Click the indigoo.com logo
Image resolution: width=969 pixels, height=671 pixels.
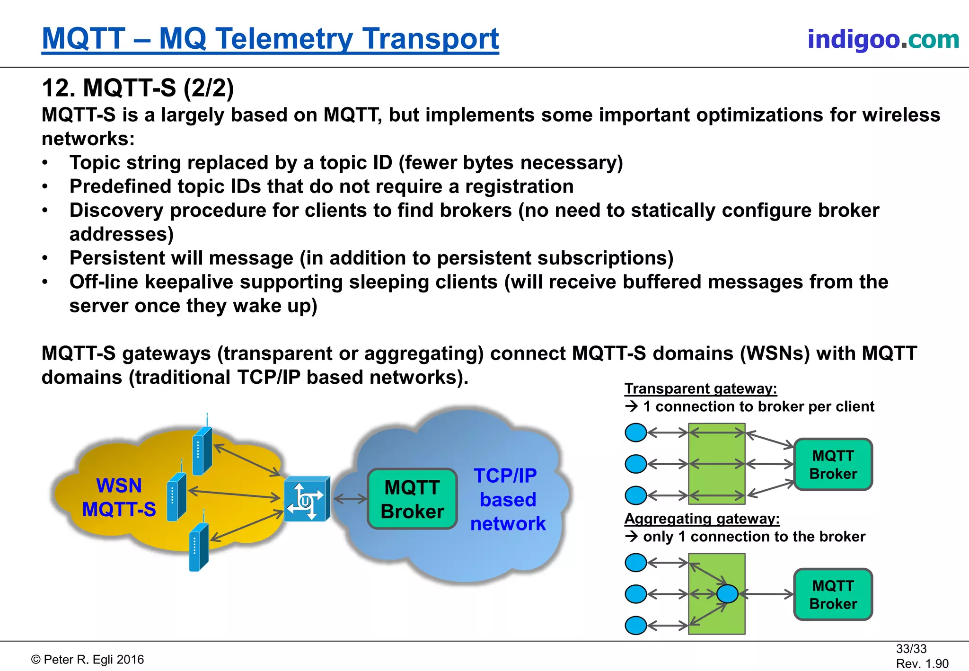883,39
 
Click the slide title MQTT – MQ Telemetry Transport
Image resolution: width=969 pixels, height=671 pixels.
270,39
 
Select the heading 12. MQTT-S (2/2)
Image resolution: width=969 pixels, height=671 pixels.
138,88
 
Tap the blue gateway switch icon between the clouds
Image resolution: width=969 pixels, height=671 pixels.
306,499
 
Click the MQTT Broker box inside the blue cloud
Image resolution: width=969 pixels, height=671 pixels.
412,499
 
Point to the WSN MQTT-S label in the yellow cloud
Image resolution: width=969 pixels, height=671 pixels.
119,498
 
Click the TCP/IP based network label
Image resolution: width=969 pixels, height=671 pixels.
507,500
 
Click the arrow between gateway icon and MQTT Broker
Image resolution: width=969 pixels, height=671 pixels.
350,498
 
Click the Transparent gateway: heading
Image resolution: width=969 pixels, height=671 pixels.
700,388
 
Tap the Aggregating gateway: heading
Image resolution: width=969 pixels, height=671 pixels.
702,519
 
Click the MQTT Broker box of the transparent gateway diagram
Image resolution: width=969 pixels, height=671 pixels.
833,464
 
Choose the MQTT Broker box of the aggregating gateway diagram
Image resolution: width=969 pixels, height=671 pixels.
833,594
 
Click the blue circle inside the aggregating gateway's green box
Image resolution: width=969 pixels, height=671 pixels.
727,593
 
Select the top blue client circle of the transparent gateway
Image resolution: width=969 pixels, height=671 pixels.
635,433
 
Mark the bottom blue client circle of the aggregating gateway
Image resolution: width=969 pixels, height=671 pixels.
635,625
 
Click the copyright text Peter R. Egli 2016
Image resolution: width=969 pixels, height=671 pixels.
88,660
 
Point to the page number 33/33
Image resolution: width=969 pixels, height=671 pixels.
911,649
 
